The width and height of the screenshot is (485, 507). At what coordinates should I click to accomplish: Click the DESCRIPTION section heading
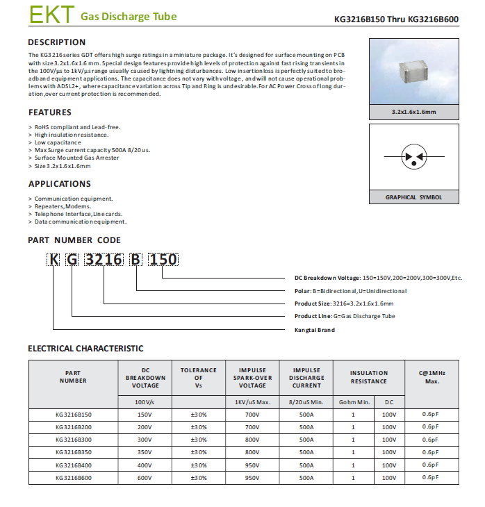pyautogui.click(x=57, y=42)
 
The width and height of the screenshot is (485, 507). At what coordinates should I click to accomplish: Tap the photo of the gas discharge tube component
pyautogui.click(x=413, y=72)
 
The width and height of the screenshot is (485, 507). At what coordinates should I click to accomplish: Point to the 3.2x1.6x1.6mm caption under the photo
pyautogui.click(x=413, y=113)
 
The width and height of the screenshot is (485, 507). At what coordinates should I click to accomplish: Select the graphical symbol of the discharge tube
pyautogui.click(x=414, y=158)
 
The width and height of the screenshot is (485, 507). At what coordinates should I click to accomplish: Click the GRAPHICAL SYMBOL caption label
pyautogui.click(x=413, y=197)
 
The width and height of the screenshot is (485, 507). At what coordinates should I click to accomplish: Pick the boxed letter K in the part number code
pyautogui.click(x=54, y=260)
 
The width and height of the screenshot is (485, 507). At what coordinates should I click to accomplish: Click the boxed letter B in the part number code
pyautogui.click(x=136, y=260)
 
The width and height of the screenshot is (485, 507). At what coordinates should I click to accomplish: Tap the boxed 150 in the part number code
pyautogui.click(x=164, y=260)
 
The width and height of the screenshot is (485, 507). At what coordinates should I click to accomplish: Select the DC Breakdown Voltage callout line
pyautogui.click(x=378, y=278)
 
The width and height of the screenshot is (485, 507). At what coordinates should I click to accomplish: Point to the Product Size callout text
pyautogui.click(x=344, y=304)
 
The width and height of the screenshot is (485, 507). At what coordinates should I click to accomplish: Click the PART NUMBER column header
pyautogui.click(x=73, y=376)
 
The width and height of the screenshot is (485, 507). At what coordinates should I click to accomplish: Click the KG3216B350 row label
pyautogui.click(x=73, y=452)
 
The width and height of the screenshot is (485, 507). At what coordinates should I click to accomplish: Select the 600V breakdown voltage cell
pyautogui.click(x=145, y=478)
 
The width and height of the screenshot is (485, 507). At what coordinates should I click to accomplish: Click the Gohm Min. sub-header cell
pyautogui.click(x=354, y=402)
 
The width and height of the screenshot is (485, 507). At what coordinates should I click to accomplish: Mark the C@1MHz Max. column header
pyautogui.click(x=431, y=376)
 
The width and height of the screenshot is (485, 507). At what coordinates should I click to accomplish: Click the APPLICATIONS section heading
pyautogui.click(x=60, y=184)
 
